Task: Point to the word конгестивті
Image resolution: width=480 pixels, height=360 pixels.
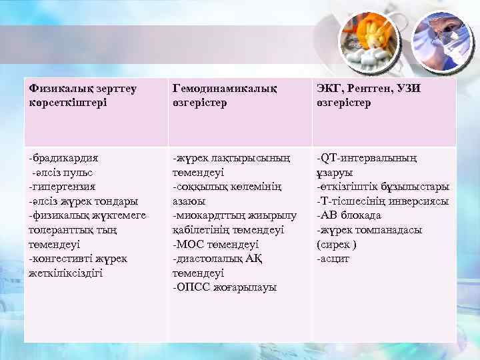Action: tap(64, 259)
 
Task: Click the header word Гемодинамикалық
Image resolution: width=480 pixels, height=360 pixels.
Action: tap(225, 88)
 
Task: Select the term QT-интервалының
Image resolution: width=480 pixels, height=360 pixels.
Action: tap(368, 158)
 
